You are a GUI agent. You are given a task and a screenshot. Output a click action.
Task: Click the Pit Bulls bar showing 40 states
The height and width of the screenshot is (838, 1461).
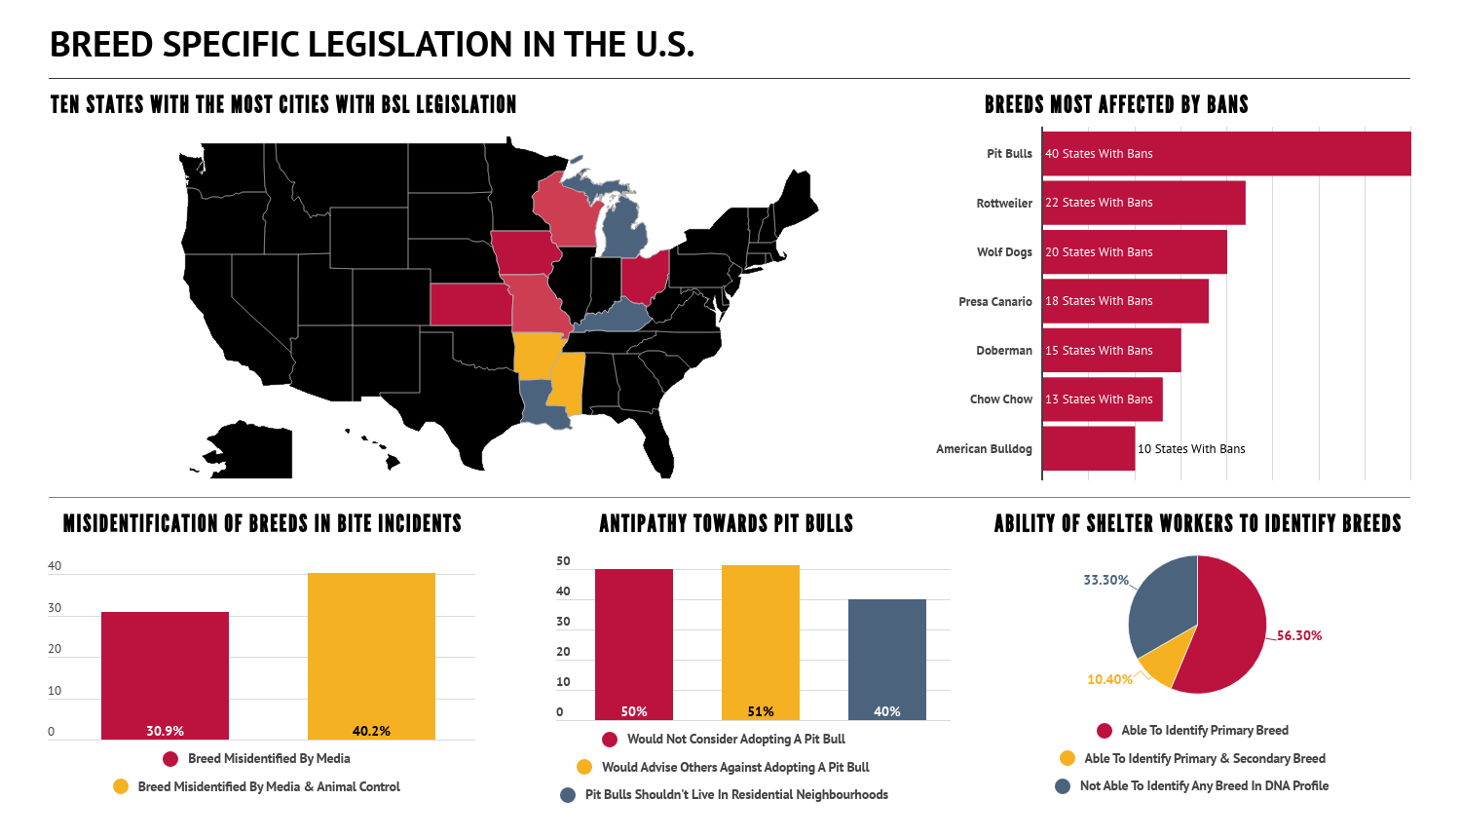(x=1226, y=153)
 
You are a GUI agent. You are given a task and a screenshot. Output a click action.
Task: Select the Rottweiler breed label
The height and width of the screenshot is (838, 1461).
(x=1004, y=203)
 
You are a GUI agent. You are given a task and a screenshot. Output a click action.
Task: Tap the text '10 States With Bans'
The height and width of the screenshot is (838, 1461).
(x=1191, y=449)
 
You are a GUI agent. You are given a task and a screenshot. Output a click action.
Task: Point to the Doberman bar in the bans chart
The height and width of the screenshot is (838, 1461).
(x=1111, y=351)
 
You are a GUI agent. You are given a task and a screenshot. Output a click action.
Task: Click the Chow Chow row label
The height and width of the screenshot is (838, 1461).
(x=1000, y=400)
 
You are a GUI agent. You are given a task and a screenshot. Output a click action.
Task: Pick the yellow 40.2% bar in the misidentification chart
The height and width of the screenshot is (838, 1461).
(x=371, y=656)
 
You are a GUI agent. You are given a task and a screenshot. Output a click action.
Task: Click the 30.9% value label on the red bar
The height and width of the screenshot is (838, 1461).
(x=165, y=731)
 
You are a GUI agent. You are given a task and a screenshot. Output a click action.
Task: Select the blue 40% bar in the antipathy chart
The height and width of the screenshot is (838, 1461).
(x=887, y=660)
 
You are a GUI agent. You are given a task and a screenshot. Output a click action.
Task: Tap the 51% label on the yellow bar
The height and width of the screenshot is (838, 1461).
(x=761, y=711)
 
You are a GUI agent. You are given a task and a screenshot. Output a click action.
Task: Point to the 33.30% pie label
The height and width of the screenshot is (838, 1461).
(x=1105, y=580)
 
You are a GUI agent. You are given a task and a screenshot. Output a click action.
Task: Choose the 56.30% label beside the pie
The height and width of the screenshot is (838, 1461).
(x=1299, y=635)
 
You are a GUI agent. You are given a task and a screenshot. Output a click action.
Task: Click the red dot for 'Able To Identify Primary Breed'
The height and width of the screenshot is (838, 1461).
(x=1105, y=730)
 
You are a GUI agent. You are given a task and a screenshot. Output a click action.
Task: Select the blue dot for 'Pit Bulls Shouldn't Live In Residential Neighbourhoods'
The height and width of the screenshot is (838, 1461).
(x=568, y=795)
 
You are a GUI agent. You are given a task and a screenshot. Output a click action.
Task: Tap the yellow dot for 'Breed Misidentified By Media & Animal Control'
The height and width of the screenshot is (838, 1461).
(x=121, y=786)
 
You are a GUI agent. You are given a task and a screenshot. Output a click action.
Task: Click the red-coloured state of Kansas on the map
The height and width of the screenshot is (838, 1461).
(x=469, y=304)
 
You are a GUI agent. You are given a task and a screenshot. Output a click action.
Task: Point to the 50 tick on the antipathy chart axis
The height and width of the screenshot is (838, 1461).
(x=563, y=561)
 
